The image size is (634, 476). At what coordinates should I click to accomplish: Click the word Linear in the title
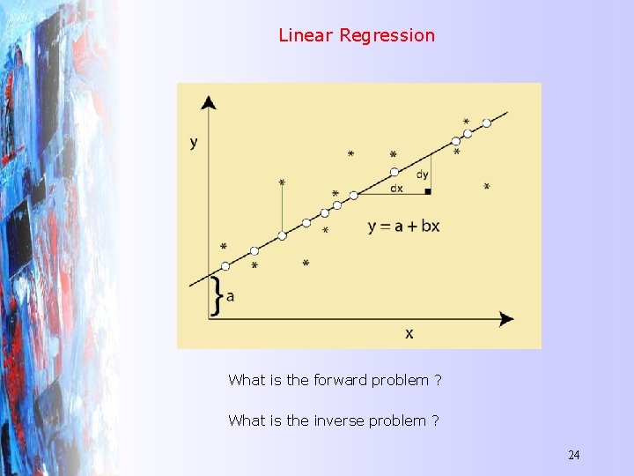[306, 35]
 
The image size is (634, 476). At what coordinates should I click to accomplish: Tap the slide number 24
[573, 455]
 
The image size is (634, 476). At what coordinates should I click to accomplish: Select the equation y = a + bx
[403, 226]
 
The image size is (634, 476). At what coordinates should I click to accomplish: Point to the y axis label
[194, 142]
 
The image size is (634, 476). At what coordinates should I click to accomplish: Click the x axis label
[409, 332]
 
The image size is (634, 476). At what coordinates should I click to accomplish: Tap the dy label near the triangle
[423, 175]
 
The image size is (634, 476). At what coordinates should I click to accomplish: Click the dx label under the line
[396, 188]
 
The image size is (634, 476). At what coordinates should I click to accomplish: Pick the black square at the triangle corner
[427, 190]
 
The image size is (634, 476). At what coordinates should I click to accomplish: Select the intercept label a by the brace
[231, 296]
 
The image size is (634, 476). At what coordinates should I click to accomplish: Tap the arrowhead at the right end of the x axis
[506, 318]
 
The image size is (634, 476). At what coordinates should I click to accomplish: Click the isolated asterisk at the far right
[487, 187]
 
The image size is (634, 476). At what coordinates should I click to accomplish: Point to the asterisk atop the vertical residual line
[282, 183]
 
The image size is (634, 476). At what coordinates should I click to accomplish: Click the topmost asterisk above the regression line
[466, 122]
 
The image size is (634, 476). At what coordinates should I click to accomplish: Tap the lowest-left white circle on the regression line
[225, 265]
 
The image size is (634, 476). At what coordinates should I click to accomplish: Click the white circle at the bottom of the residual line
[282, 235]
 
